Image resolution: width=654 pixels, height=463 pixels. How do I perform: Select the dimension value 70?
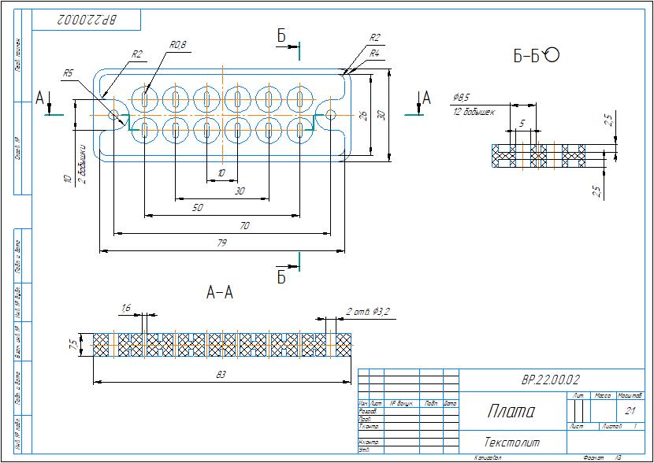[x=244, y=226]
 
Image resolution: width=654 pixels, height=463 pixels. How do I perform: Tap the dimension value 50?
[x=197, y=208]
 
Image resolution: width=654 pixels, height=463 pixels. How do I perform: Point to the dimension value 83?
[x=221, y=375]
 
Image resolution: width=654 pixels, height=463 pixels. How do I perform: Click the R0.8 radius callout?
[x=178, y=45]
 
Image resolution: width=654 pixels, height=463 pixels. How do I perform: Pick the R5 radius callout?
[x=69, y=73]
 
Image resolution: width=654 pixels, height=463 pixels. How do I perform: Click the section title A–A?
[x=220, y=293]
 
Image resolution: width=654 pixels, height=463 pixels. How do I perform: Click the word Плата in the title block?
[x=511, y=411]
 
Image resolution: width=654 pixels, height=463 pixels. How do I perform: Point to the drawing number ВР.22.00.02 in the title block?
[x=550, y=380]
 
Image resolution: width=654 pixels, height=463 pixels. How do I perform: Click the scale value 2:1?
[x=630, y=410]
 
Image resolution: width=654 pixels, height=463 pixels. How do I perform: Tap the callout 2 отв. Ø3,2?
[x=367, y=312]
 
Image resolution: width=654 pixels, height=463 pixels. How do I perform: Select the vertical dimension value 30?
[x=381, y=114]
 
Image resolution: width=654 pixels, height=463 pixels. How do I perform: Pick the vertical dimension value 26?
[x=363, y=115]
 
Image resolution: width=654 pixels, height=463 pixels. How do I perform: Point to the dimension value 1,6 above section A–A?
[x=126, y=307]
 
